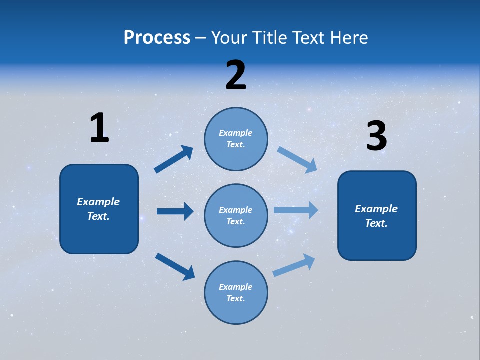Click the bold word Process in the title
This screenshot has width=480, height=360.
[157, 38]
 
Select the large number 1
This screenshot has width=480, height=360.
[99, 128]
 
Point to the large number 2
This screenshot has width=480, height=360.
[236, 75]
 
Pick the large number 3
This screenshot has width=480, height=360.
[376, 136]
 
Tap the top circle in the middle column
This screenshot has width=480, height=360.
[236, 139]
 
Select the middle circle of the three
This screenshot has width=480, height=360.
[236, 215]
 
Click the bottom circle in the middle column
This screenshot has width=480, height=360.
[236, 292]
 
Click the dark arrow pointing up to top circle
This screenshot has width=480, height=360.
[174, 159]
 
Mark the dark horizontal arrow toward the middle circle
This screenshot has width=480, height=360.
[175, 211]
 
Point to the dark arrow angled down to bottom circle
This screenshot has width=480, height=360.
[175, 266]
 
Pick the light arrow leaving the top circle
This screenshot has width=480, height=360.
[297, 159]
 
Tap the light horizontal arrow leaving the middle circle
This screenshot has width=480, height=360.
[296, 210]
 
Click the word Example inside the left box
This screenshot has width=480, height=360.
[98, 202]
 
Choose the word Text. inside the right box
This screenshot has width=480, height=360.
[376, 223]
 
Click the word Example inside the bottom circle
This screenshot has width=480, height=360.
[235, 287]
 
